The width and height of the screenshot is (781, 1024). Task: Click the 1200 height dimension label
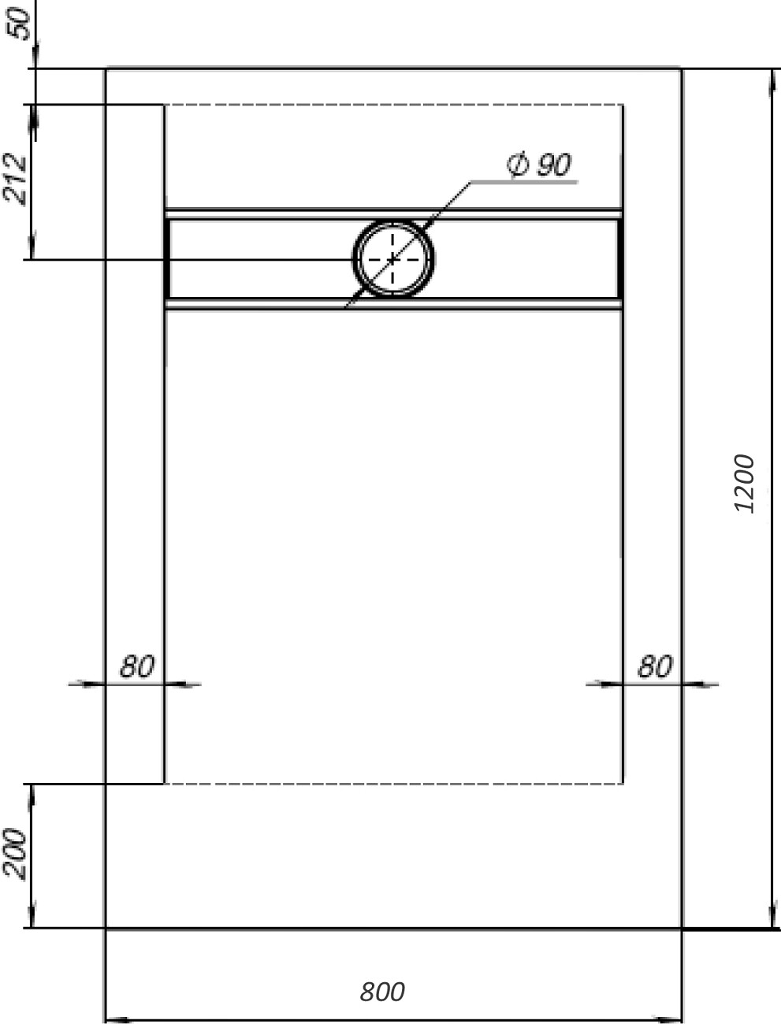pyautogui.click(x=744, y=484)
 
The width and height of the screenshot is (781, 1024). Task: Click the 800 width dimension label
pyautogui.click(x=382, y=992)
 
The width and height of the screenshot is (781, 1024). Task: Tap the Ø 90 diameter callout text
pyautogui.click(x=540, y=165)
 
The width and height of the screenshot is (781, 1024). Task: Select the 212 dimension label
pyautogui.click(x=16, y=180)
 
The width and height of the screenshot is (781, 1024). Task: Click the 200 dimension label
pyautogui.click(x=16, y=854)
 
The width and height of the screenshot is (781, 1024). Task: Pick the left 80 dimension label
pyautogui.click(x=136, y=667)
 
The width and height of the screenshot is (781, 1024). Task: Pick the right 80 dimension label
pyautogui.click(x=654, y=667)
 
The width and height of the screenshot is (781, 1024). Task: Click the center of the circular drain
pyautogui.click(x=392, y=258)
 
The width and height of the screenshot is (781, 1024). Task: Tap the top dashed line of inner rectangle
pyautogui.click(x=394, y=104)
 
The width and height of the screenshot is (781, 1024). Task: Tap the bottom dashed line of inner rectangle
pyautogui.click(x=394, y=784)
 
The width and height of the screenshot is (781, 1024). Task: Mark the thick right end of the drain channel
pyautogui.click(x=620, y=258)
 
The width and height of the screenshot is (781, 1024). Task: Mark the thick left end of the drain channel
pyautogui.click(x=167, y=258)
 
